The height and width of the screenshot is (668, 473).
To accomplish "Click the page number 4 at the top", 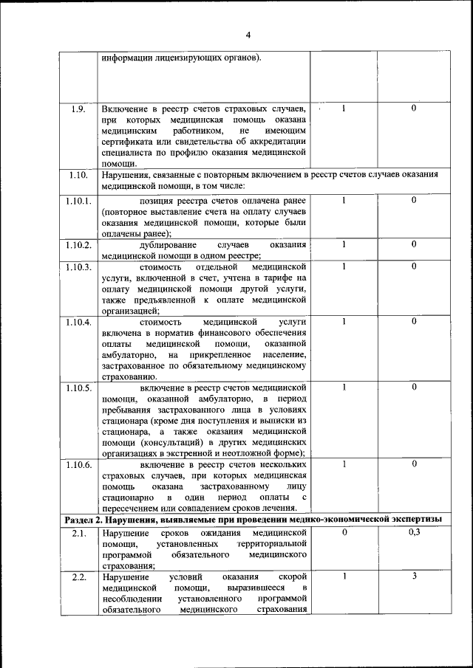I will (x=248, y=35).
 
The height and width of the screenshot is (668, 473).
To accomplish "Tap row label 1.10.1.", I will (x=78, y=200).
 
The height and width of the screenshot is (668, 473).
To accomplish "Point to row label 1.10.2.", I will (x=78, y=244).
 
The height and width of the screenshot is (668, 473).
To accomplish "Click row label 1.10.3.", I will (x=78, y=266).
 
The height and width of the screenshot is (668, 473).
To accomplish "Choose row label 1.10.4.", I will (x=78, y=322).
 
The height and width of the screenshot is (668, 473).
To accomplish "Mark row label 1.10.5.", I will (x=78, y=388).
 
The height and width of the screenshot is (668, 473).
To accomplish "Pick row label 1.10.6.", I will (x=78, y=464).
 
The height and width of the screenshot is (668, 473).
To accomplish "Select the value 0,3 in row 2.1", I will (x=414, y=532).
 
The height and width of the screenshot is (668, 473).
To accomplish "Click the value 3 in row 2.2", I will (x=414, y=576).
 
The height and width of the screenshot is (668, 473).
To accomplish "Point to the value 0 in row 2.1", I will (x=344, y=532).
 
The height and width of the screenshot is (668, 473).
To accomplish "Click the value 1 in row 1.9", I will (x=344, y=109).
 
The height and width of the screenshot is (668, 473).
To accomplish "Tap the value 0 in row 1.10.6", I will (x=414, y=464).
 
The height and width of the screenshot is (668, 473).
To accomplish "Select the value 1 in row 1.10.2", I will (x=344, y=244).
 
